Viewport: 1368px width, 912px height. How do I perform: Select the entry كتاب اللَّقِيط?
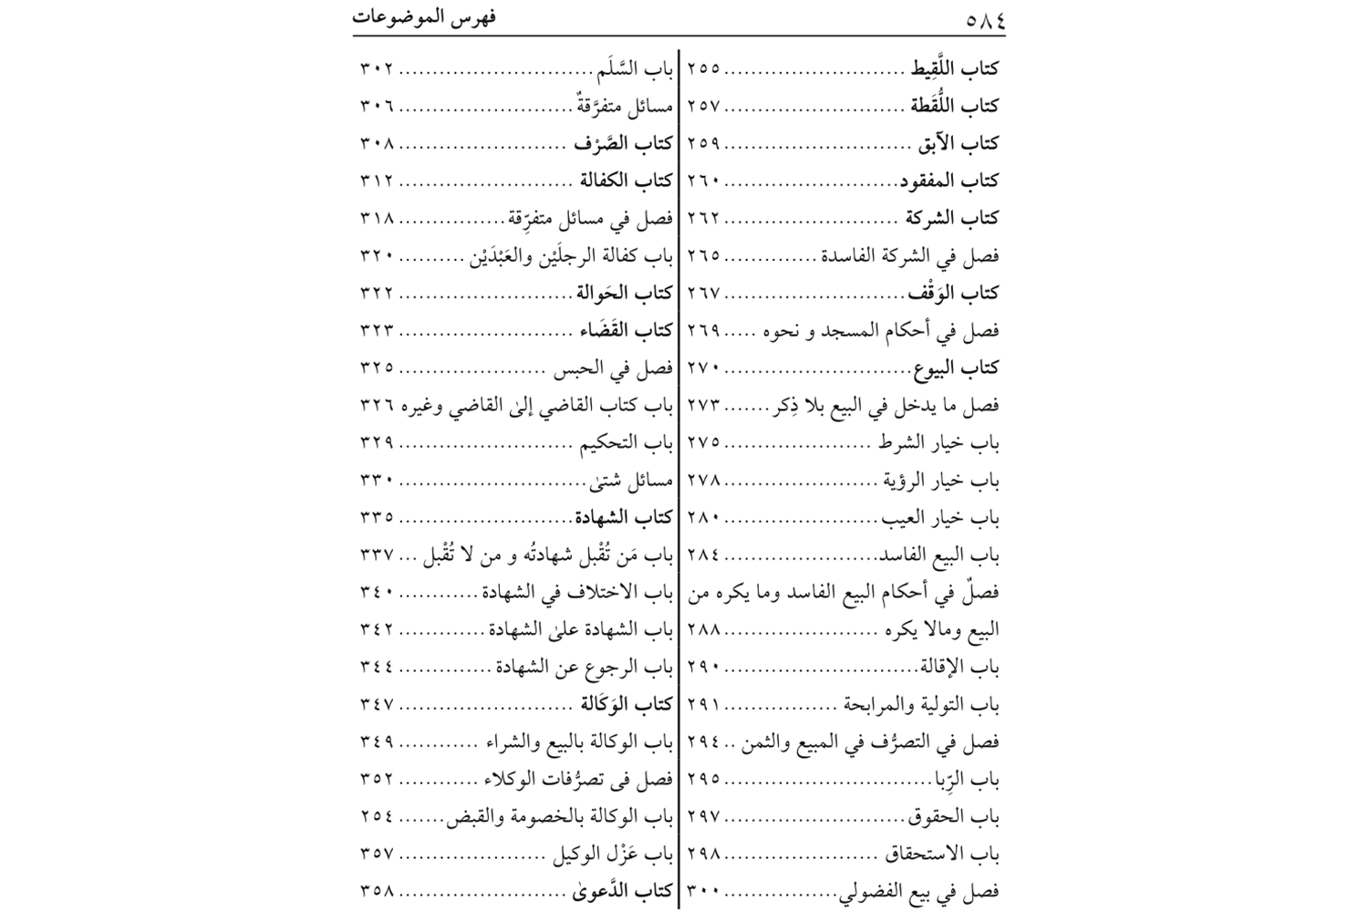click(954, 68)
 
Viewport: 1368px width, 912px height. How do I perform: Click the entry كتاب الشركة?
click(951, 218)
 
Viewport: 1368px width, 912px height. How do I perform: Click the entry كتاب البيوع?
click(956, 368)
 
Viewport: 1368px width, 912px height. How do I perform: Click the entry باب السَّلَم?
click(635, 68)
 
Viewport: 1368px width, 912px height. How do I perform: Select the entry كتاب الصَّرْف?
click(623, 143)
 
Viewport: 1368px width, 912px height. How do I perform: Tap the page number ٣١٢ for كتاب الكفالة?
click(377, 181)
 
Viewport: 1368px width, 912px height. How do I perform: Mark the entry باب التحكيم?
click(627, 442)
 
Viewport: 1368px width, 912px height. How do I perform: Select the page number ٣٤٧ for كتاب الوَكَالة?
click(377, 704)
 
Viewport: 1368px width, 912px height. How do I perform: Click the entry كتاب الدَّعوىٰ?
click(623, 891)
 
